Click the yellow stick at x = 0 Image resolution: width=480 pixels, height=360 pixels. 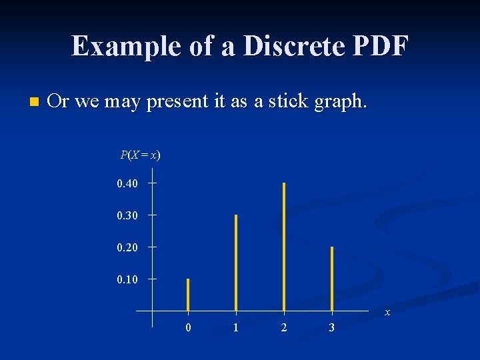(x=188, y=295)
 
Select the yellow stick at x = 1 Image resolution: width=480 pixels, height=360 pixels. (x=236, y=263)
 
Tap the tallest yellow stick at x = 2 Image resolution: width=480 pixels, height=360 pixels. (x=284, y=247)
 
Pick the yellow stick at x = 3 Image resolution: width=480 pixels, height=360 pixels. (x=332, y=279)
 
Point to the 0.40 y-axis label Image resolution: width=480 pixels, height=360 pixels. (x=127, y=183)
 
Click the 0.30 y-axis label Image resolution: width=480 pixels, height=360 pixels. (x=127, y=215)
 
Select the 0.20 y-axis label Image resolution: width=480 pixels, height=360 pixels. (x=127, y=247)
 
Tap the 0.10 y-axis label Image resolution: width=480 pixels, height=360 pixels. (x=127, y=279)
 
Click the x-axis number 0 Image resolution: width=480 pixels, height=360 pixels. (x=188, y=328)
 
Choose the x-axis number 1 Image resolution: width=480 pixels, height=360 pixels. (x=236, y=328)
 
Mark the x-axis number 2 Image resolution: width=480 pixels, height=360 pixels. (x=284, y=328)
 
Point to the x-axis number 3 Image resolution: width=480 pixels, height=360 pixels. (x=332, y=328)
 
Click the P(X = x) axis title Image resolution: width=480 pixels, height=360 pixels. (x=140, y=155)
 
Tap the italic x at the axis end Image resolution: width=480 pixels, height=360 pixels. (x=387, y=313)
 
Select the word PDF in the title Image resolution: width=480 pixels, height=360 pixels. (x=380, y=46)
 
